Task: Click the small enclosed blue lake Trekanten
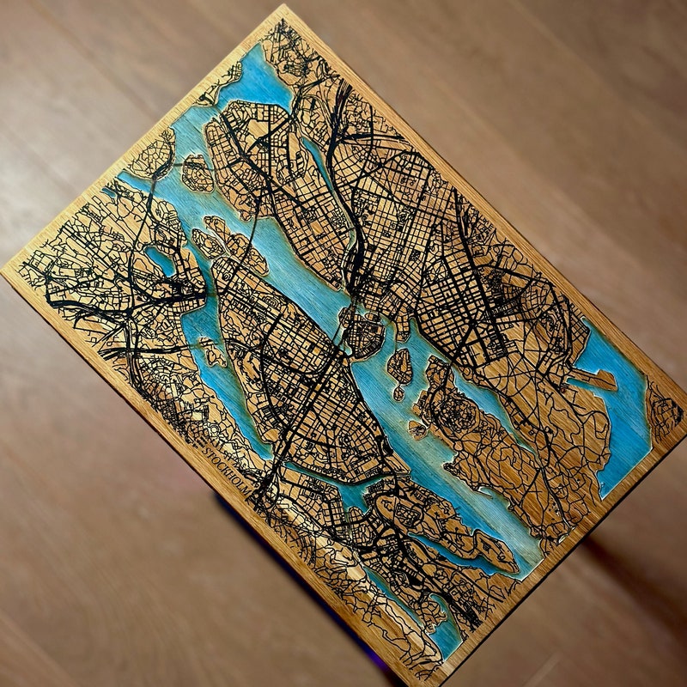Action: [161, 258]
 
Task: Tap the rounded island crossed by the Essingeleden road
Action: [197, 173]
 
